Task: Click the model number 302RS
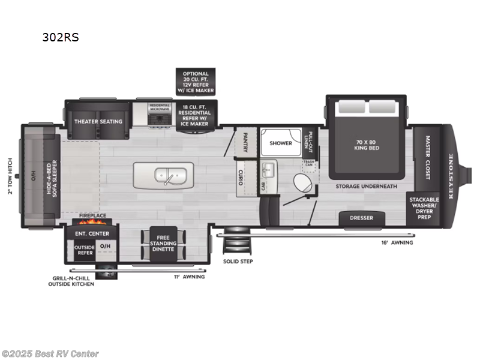[x=60, y=37]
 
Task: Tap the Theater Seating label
[x=98, y=121]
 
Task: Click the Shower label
[x=280, y=143]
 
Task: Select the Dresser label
[x=361, y=218]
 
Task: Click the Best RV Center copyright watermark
[x=50, y=354]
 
